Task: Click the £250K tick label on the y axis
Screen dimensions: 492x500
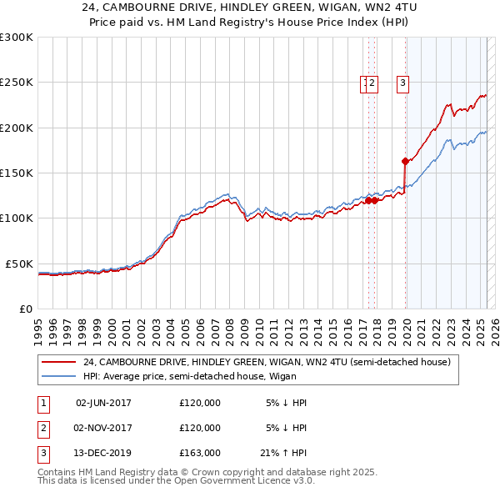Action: (x=17, y=83)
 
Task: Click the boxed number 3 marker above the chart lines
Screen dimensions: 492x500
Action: (x=402, y=83)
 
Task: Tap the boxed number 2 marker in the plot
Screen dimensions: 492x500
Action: (x=372, y=83)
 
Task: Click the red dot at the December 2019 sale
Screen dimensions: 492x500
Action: (x=405, y=161)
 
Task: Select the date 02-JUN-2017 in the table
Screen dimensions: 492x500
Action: (x=103, y=403)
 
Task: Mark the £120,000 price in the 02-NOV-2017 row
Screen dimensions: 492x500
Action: (x=200, y=428)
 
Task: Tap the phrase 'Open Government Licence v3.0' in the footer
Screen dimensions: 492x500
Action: (x=243, y=481)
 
